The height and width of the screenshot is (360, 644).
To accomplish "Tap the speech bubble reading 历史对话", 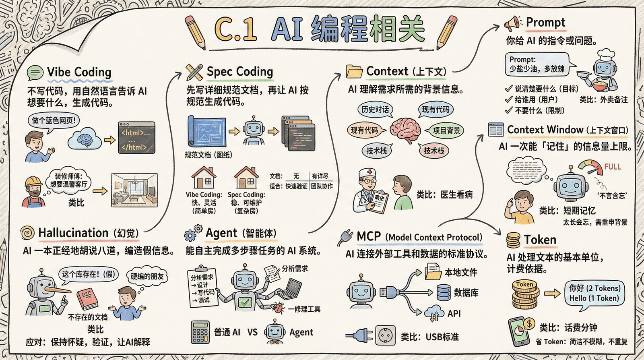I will click(375, 110).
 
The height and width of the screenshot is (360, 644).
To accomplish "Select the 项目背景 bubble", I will click(446, 130).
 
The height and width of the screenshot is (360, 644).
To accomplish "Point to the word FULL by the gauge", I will click(612, 167).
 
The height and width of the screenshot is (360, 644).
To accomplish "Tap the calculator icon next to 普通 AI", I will click(200, 332).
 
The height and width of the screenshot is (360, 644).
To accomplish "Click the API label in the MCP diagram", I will click(454, 313).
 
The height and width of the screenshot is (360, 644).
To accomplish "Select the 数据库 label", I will click(466, 293).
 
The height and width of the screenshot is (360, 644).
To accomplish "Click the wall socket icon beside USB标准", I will click(385, 335).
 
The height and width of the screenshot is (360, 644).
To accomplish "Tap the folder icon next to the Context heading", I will click(354, 71).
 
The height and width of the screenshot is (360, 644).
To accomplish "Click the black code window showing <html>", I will click(136, 138).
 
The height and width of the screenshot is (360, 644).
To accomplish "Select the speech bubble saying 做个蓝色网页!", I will click(54, 121).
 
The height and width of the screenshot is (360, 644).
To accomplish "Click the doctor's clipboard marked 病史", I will click(378, 200).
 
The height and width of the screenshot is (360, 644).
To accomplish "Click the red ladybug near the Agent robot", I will click(279, 308).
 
